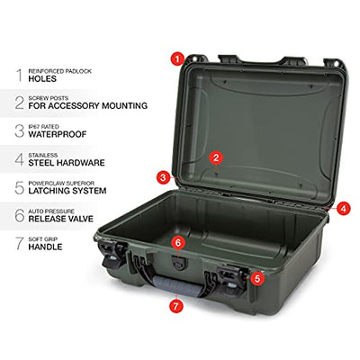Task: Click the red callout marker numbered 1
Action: [177, 58]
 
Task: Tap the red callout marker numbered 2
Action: [217, 157]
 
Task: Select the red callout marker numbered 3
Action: [163, 177]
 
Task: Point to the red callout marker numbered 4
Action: [343, 209]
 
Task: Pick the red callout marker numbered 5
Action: [257, 278]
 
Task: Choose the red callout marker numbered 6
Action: [178, 243]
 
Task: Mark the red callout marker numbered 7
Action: [176, 306]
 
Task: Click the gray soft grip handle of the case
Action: [177, 287]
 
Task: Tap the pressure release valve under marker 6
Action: [178, 264]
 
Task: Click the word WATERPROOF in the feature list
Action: [58, 134]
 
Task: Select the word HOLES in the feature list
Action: [42, 79]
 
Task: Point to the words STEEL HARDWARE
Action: [67, 163]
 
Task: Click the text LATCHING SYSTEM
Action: [67, 191]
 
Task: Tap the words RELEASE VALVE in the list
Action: [61, 219]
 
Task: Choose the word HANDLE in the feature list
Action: [45, 247]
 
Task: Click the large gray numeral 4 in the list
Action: [20, 159]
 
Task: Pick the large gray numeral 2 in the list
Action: [20, 103]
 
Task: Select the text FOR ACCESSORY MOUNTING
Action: [88, 105]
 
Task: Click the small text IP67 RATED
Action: [43, 127]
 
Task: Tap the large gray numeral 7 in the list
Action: [20, 243]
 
